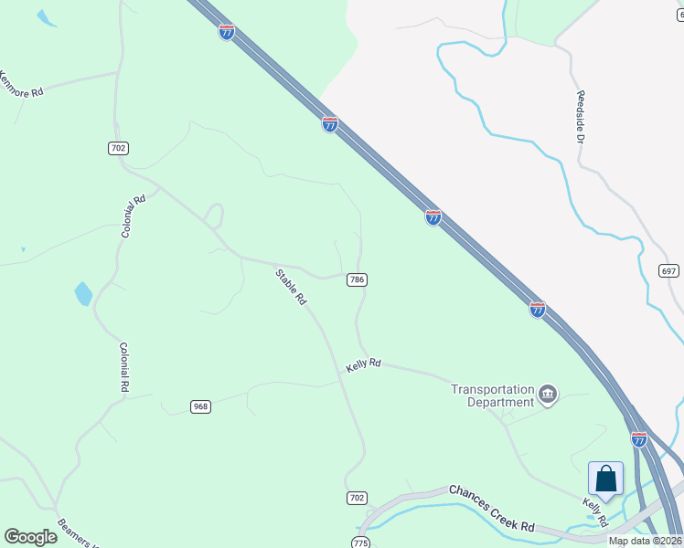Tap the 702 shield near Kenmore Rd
click(x=118, y=148)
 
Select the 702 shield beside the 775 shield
click(x=358, y=498)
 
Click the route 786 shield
click(x=358, y=280)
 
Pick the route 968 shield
click(x=201, y=406)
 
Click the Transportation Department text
click(x=492, y=395)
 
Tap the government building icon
click(x=548, y=395)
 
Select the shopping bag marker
click(x=605, y=479)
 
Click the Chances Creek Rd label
click(x=491, y=507)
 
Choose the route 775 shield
click(x=361, y=543)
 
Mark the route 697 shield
click(x=668, y=271)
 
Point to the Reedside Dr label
click(x=580, y=116)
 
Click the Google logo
click(x=30, y=537)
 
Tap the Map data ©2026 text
click(x=645, y=541)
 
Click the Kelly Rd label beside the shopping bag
click(x=595, y=511)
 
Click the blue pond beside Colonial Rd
click(x=83, y=293)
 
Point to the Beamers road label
click(x=77, y=532)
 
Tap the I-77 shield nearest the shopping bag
click(x=639, y=439)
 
